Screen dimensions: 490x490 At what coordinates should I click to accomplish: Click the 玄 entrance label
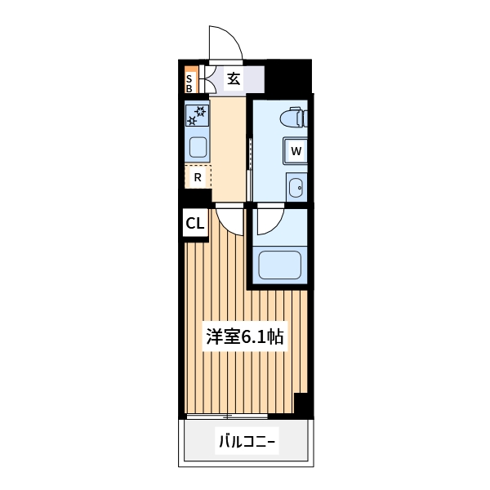coord(234,80)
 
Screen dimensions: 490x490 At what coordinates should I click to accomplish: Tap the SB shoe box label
coord(189,80)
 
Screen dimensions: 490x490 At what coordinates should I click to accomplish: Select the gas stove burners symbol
coord(198,115)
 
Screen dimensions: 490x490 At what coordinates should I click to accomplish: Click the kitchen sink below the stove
coord(198,147)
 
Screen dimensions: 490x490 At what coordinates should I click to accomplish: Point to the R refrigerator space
coord(198,176)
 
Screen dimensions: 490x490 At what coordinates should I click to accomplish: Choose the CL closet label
coord(194,223)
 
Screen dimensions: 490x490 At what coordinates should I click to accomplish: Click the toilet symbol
coord(292,118)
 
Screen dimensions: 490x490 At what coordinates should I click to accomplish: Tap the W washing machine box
coord(296,151)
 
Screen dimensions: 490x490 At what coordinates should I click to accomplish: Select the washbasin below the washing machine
coord(296,186)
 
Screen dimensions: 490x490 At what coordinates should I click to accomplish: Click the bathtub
coord(280,265)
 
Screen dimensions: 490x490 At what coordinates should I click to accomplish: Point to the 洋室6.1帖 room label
coord(244,336)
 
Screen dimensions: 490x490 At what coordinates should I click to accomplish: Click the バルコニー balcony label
coord(245,443)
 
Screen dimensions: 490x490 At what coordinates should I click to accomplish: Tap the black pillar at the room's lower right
coord(303,404)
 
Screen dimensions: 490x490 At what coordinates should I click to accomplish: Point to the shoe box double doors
coord(201,80)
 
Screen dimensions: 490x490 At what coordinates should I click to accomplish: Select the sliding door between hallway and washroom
coord(250,163)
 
